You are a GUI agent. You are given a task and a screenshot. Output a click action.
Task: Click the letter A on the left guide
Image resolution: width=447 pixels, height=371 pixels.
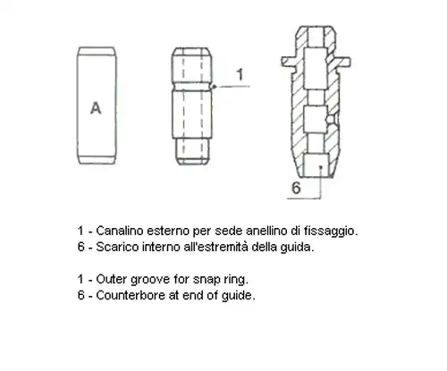pos(96,108)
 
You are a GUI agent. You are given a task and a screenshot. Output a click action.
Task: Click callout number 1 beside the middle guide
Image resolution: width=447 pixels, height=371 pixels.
pos(240,74)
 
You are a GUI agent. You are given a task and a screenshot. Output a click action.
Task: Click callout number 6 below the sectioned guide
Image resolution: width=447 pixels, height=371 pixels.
pos(296,188)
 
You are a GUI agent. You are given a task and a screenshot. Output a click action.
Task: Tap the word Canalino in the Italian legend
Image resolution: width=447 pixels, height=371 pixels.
pos(120,231)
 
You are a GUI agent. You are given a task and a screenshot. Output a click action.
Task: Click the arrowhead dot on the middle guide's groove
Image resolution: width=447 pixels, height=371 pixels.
pos(214,87)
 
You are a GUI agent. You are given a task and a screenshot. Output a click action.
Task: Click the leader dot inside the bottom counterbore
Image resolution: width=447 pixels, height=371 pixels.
pos(321,167)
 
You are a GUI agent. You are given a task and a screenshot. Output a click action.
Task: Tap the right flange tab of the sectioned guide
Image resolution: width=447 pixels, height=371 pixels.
pos(343,62)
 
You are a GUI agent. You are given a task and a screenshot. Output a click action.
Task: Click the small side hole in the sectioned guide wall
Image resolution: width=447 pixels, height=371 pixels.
pos(330,119)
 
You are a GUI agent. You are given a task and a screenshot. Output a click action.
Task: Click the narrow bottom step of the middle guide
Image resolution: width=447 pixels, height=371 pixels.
pos(192,151)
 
